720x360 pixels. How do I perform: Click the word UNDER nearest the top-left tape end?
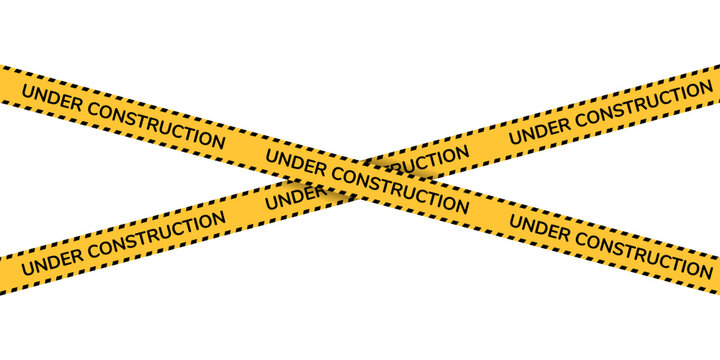click(48, 99)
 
